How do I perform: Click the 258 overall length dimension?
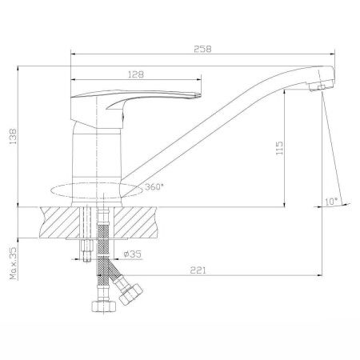[x=202, y=49]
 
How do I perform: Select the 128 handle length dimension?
[x=136, y=74]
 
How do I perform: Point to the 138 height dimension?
[x=13, y=137]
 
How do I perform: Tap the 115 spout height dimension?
[x=279, y=148]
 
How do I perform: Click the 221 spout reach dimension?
[x=198, y=270]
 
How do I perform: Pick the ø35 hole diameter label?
[x=132, y=254]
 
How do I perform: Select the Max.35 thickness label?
[x=13, y=263]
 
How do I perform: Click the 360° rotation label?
[x=154, y=187]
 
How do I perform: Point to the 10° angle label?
[x=331, y=202]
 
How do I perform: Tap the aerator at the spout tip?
[x=321, y=87]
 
